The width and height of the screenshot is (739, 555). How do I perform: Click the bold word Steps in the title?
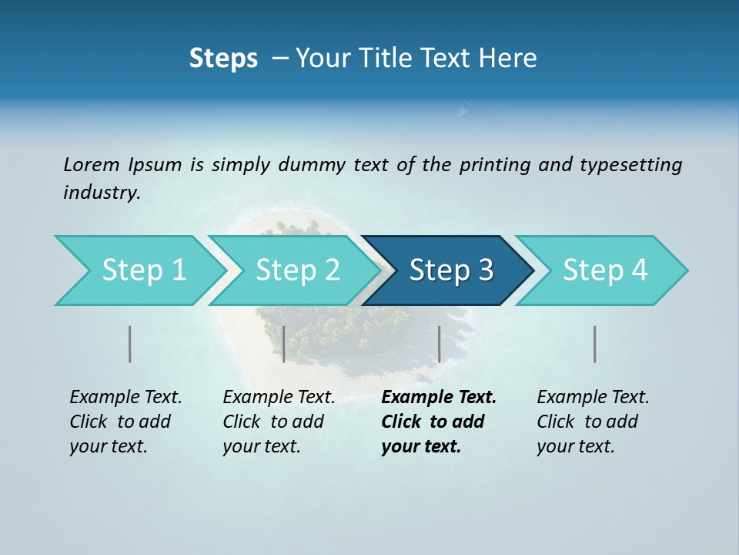coord(223,58)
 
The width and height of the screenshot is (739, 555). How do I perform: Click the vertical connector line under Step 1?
coord(129,344)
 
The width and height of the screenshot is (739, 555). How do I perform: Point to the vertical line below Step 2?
coord(284,344)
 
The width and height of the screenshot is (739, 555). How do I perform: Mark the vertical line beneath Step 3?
coord(439,344)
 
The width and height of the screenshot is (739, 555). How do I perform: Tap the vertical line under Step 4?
coord(595,344)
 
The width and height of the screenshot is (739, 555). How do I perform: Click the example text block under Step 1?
coord(125,422)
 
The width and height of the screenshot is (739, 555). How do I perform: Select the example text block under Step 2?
coord(279,422)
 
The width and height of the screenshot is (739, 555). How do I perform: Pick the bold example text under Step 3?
coord(438,422)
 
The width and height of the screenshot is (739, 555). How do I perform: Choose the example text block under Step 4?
coord(593,422)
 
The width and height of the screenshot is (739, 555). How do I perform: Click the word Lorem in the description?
coord(92,164)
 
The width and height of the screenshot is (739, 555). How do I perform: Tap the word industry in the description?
coord(102,193)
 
